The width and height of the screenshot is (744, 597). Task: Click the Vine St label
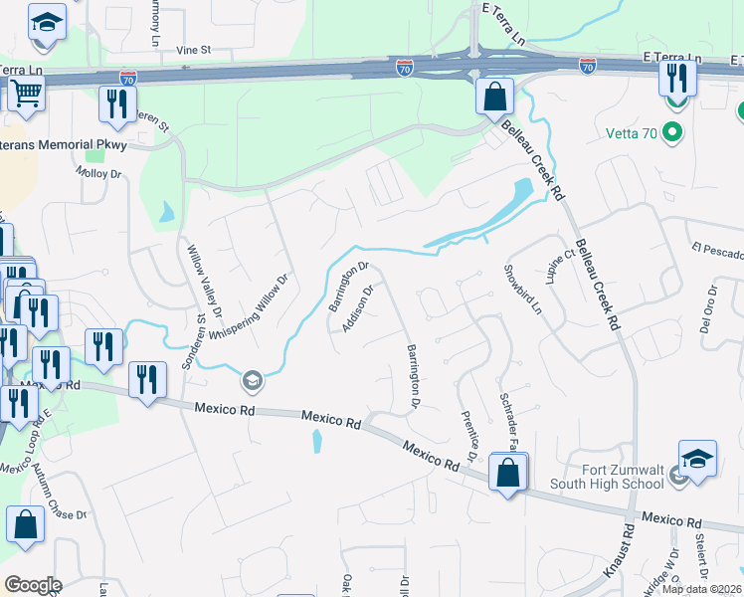click(194, 49)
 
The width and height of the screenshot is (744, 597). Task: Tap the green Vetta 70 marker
click(672, 131)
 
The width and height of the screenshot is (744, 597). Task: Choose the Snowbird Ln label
click(522, 290)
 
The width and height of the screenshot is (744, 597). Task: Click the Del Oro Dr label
click(709, 310)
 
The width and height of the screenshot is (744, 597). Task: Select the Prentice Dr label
click(470, 434)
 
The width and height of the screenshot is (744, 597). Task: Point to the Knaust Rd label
click(622, 557)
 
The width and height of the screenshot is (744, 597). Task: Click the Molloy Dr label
click(98, 173)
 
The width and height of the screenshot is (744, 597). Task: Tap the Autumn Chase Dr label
click(58, 493)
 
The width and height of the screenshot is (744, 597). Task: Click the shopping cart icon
click(26, 95)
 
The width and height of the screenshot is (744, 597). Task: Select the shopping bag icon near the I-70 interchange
click(494, 98)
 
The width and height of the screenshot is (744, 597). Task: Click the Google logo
click(33, 584)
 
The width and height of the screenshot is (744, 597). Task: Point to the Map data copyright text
click(702, 589)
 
